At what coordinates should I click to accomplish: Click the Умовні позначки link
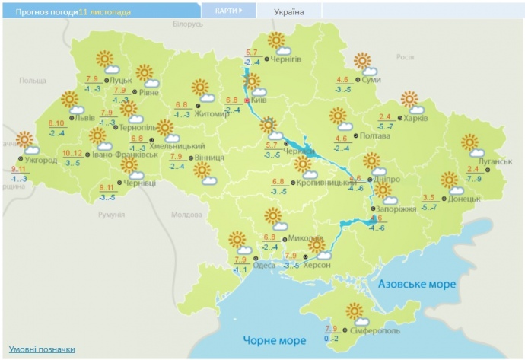[x=41, y=349]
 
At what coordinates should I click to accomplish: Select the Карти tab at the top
[x=227, y=11]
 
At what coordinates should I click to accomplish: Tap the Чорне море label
[x=273, y=339]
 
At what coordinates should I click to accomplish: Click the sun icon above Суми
[x=362, y=60]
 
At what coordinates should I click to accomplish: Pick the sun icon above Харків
[x=409, y=98]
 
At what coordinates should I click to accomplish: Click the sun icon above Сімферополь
[x=354, y=311]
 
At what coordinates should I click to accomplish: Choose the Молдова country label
[x=186, y=215]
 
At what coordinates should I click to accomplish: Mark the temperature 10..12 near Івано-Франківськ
[x=72, y=152]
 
